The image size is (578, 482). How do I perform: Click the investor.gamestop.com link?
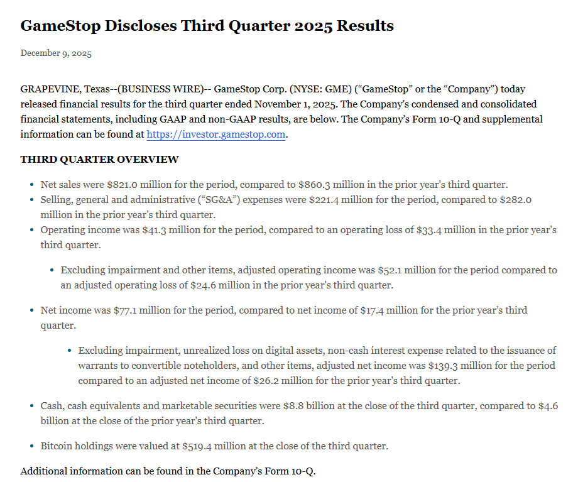click(x=215, y=134)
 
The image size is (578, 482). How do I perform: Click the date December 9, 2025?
click(x=56, y=53)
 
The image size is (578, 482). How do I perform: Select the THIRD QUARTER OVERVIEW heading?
click(x=99, y=160)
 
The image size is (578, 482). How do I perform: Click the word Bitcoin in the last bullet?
click(x=57, y=446)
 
